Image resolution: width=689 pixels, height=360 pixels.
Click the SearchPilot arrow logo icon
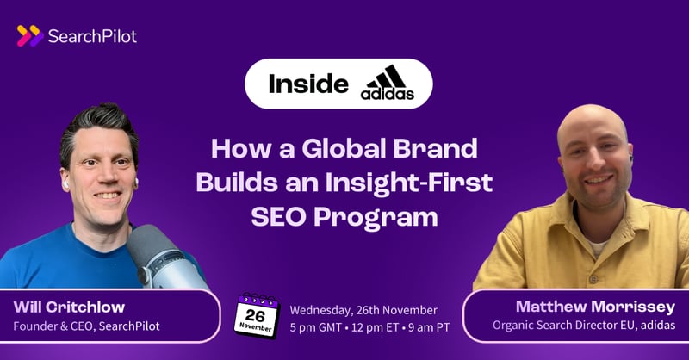pyautogui.click(x=29, y=35)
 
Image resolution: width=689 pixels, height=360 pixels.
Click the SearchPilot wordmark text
pyautogui.click(x=94, y=35)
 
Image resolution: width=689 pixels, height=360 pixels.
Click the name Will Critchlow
pyautogui.click(x=68, y=308)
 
